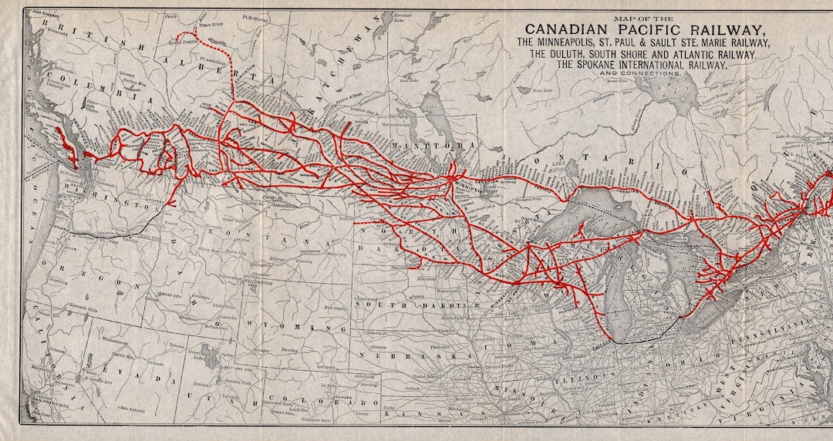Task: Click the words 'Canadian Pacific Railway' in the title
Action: click(x=634, y=29)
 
